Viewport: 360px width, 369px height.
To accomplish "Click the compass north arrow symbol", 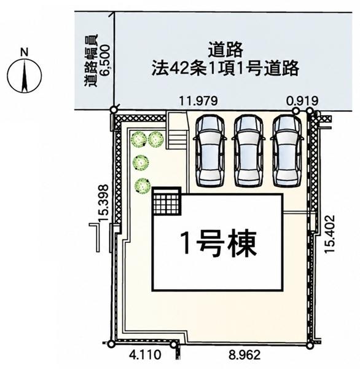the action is (x=24, y=76).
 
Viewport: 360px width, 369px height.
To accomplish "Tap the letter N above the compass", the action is (x=24, y=52).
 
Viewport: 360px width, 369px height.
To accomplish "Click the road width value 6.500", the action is (x=104, y=60).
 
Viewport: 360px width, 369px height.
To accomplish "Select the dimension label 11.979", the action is (x=198, y=101).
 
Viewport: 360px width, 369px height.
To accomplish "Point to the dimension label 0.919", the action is (x=302, y=101).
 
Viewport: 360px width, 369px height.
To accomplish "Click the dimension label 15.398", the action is (x=103, y=202).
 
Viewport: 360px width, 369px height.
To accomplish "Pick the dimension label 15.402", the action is (x=329, y=234).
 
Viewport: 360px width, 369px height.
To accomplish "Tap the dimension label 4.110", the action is (x=146, y=355).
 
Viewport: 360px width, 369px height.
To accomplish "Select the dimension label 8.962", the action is (x=245, y=355).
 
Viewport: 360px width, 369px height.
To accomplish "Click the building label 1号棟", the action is (x=219, y=243).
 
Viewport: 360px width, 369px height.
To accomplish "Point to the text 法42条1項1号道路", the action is (x=225, y=68).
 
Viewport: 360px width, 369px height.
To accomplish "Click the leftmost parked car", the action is (x=210, y=151).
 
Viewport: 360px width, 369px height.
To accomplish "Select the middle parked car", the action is (x=248, y=151).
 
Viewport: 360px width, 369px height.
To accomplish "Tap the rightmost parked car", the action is (x=287, y=151).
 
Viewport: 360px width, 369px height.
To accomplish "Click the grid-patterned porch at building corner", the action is (x=167, y=200).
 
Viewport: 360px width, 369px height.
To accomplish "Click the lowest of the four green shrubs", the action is (x=143, y=186).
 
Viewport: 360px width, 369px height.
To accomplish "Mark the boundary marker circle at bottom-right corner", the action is (x=310, y=345).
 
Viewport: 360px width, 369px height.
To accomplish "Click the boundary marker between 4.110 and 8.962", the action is (x=173, y=345).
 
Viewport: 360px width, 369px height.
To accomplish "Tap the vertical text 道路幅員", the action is (x=91, y=61).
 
